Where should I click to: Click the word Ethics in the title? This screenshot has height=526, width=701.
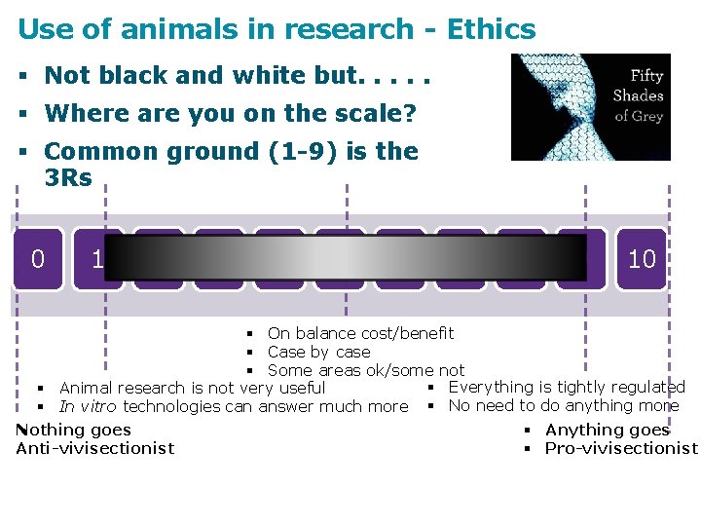click(x=491, y=29)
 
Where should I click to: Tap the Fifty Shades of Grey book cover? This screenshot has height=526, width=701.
click(x=591, y=107)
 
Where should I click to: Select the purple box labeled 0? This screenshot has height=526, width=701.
click(x=38, y=259)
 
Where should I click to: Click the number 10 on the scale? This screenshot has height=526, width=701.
click(x=642, y=259)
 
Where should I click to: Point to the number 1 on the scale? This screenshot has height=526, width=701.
click(x=97, y=259)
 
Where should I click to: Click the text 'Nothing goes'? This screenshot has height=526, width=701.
click(x=74, y=430)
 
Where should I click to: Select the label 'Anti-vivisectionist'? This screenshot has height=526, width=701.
click(x=95, y=448)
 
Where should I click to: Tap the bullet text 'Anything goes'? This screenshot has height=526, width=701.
click(x=608, y=430)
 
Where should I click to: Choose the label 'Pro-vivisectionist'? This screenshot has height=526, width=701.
click(x=621, y=448)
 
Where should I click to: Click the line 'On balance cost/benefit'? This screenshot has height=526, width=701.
click(x=360, y=334)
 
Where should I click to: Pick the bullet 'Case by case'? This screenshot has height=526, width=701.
click(x=318, y=352)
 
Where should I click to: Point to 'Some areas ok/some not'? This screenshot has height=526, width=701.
click(x=365, y=370)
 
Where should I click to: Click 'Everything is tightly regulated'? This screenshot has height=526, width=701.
click(x=567, y=388)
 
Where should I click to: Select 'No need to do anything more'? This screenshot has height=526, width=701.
click(x=564, y=405)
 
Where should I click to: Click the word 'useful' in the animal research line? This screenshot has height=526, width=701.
click(x=302, y=389)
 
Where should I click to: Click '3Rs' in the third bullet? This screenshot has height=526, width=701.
click(x=68, y=178)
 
